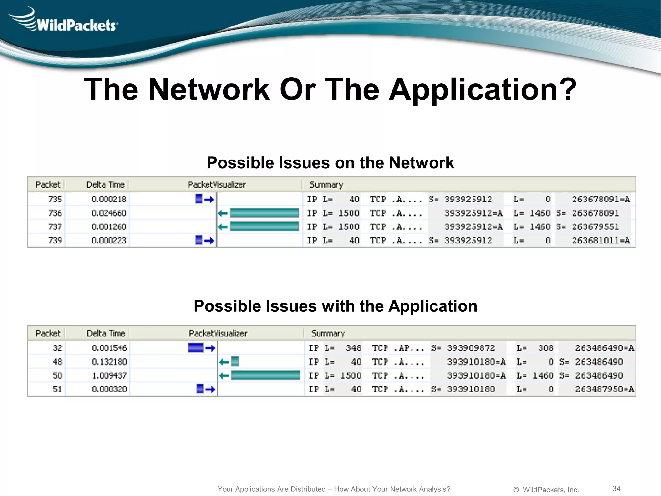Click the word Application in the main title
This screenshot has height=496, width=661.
tap(482, 89)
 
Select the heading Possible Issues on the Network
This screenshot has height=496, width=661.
tap(330, 162)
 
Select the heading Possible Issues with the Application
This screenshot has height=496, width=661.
tap(335, 306)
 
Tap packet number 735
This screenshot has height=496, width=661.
tap(55, 199)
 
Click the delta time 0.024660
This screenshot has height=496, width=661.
tap(109, 213)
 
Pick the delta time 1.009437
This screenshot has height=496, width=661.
tap(109, 376)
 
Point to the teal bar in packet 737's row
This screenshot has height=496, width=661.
tap(264, 227)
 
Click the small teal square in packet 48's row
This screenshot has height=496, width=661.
tap(235, 362)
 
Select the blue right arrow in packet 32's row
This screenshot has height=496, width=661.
tap(210, 348)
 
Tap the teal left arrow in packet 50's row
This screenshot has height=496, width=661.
tap(224, 376)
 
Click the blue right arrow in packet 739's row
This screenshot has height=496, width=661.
tap(209, 241)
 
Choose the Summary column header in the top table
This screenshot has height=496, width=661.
tap(326, 185)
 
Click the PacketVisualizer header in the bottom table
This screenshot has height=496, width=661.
tap(218, 333)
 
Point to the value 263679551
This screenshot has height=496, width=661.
tap(595, 227)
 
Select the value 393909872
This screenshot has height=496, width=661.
tap(471, 348)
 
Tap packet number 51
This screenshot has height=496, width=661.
tap(57, 389)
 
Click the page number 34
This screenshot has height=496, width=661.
tap(616, 488)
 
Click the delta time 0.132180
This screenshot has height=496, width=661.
tap(109, 362)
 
